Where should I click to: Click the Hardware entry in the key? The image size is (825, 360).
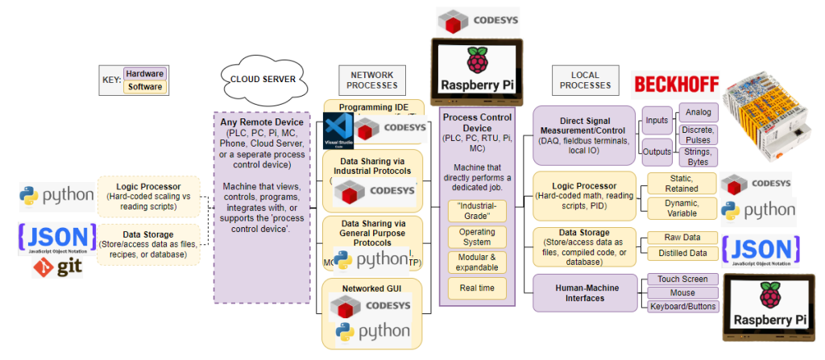tap(144, 73)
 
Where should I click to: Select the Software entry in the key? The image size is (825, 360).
tap(145, 86)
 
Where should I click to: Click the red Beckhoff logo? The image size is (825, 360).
tap(675, 84)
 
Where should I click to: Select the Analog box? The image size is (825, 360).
tap(698, 112)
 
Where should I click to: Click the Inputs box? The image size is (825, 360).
tap(657, 121)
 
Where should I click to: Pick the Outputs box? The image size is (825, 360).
tap(657, 151)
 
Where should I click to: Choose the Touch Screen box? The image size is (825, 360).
tap(682, 279)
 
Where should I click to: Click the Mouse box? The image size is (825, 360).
tap(682, 292)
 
